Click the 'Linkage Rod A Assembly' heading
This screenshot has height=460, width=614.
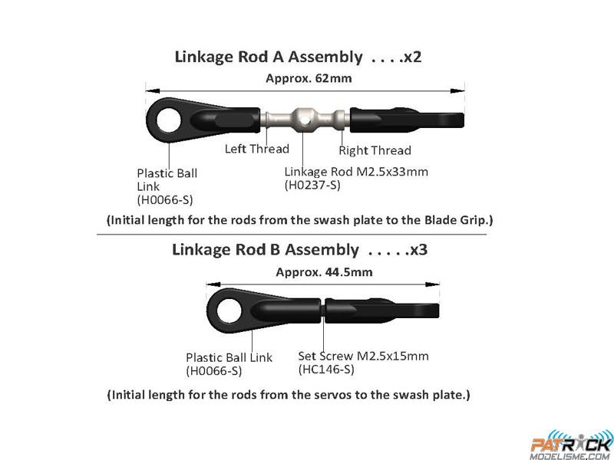269,57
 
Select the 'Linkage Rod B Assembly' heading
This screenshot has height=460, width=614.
265,250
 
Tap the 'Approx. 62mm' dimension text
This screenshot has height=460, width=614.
309,78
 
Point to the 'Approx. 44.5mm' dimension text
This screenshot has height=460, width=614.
324,272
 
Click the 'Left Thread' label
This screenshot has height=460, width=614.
257,149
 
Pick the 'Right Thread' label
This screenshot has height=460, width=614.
375,150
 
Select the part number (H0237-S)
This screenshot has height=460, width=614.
312,185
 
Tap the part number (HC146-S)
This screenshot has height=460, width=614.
326,370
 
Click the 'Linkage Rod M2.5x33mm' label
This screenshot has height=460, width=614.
356,171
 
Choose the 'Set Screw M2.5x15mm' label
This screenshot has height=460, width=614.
363,356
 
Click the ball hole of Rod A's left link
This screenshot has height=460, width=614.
169,120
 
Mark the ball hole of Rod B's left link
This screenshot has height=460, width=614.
229,310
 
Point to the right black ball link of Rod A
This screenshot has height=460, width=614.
407,119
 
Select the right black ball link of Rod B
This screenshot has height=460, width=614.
381,310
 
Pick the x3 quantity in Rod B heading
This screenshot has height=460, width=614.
418,250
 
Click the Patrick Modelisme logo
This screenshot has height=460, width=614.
572,445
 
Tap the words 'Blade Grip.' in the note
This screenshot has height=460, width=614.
458,220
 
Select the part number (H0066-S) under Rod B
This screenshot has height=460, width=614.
214,370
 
